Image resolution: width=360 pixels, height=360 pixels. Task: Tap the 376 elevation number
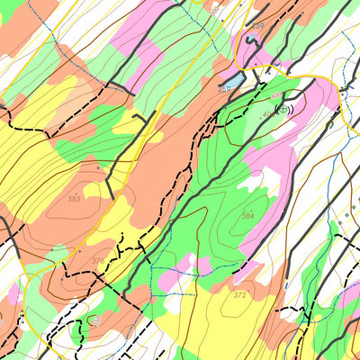click(x=98, y=261)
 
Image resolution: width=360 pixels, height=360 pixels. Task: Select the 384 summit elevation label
click(x=247, y=216)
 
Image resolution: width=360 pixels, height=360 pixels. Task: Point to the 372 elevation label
click(x=239, y=295)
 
